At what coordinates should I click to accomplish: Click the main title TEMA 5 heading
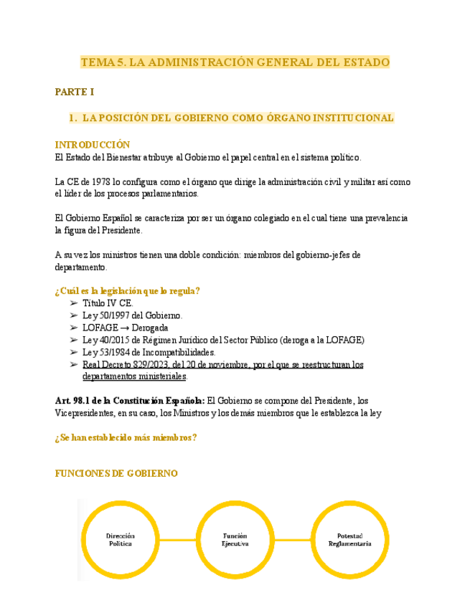(235, 62)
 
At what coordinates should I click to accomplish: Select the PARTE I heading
(74, 92)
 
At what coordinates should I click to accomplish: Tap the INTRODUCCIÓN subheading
(93, 145)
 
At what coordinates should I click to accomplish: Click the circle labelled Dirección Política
(121, 540)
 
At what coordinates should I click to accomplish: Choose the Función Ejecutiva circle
(235, 540)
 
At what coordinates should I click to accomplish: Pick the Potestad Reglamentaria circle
(349, 540)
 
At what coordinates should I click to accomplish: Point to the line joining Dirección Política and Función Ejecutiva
(177, 540)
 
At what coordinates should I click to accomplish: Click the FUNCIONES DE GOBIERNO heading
(116, 474)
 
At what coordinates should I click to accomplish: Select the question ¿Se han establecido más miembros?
(126, 438)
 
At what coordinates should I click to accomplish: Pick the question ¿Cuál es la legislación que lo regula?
(127, 290)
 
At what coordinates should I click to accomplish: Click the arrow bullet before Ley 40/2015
(74, 340)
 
